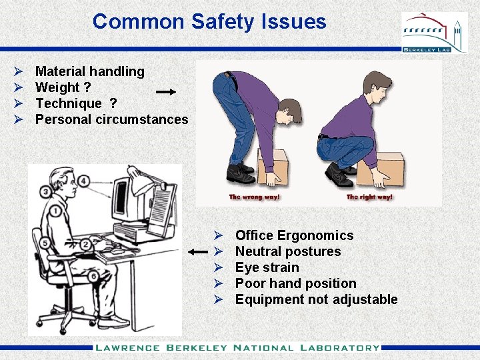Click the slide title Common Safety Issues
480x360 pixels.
point(209,21)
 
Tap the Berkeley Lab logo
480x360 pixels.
point(434,33)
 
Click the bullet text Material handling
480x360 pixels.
point(89,71)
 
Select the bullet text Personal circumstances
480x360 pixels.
point(111,119)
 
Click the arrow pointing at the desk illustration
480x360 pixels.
point(198,252)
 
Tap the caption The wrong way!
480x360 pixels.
point(255,197)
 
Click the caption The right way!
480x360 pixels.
point(370,197)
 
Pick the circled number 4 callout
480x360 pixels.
point(83,181)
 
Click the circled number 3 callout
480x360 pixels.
point(45,193)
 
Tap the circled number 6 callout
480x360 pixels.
point(94,276)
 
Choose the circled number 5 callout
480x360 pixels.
point(44,243)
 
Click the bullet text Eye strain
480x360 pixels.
point(267,267)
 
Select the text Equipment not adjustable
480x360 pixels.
point(316,299)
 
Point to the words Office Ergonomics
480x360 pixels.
point(294,235)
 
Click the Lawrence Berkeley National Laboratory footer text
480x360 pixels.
point(237,347)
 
